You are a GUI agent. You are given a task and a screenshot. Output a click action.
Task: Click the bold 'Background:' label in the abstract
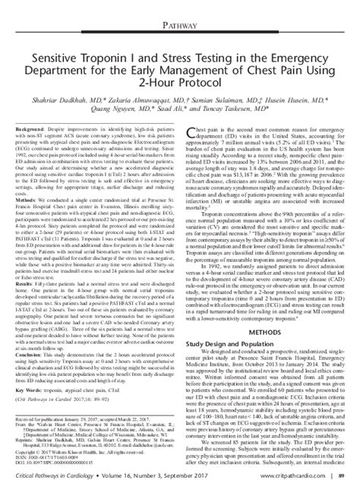pyautogui.click(x=30, y=131)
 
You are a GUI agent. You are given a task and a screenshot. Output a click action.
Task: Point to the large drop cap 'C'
pyautogui.click(x=191, y=135)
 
